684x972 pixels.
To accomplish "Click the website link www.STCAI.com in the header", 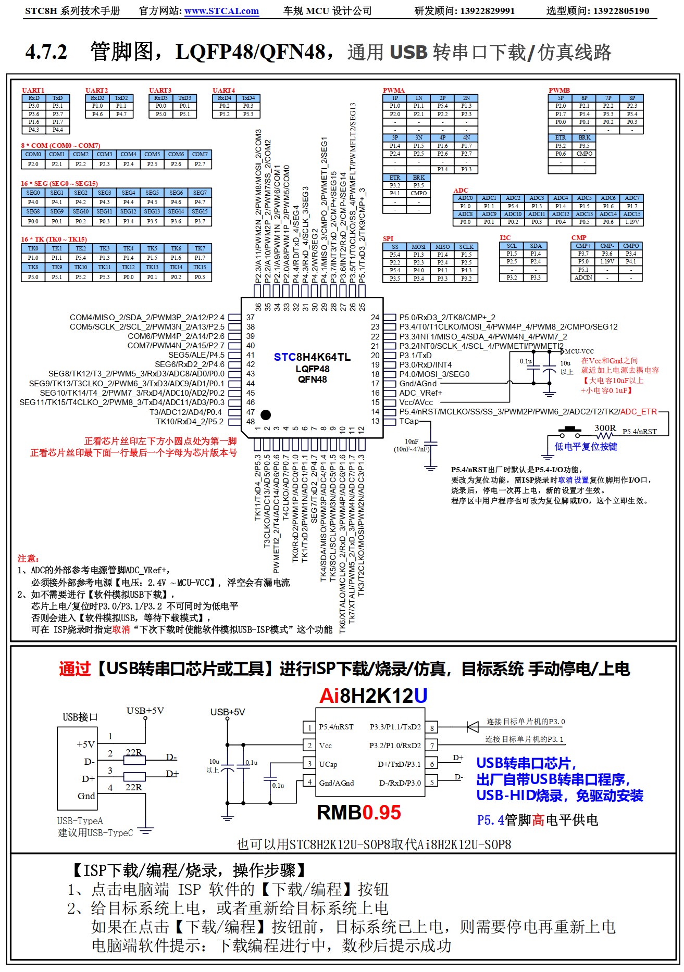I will pos(221,11).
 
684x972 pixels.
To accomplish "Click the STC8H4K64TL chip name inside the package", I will pos(312,357).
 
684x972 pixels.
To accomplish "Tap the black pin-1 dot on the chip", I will pos(266,415).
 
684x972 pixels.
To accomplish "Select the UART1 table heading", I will pos(33,90).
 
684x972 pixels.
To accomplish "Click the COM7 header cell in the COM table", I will pos(200,155).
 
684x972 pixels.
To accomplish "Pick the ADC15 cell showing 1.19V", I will pos(631,222).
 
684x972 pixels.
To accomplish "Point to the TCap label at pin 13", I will pos(409,421).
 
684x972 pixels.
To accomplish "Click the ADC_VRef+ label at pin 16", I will pos(420,393).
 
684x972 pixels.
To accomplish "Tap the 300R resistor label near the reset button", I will pos(605,428).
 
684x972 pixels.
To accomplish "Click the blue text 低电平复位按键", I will pos(586,447).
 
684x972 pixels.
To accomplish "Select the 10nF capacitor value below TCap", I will pos(411,441).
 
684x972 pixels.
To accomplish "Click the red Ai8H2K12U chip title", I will pos(373,696).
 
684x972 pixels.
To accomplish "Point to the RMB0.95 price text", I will pos(359,813).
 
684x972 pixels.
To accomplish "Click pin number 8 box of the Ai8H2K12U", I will pos(432,728).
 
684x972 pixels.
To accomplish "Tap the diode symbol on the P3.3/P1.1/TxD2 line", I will pos(472,727).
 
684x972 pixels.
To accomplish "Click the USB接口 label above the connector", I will pos(80,717).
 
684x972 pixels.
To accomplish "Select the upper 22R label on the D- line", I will pos(133,752).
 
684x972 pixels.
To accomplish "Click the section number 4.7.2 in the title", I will pos(46,52).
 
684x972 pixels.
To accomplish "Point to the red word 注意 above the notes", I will pos(28,559).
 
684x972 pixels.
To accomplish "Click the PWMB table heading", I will pos(559,90).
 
